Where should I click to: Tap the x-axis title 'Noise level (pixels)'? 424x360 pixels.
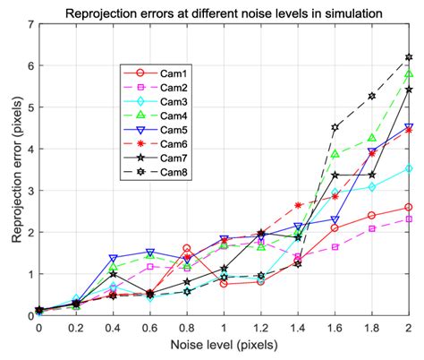tap(224, 348)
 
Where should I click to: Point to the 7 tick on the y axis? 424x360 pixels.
tap(30, 24)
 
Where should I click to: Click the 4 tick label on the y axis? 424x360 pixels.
tap(30, 149)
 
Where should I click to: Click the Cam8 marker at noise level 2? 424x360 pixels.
tap(409, 57)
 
